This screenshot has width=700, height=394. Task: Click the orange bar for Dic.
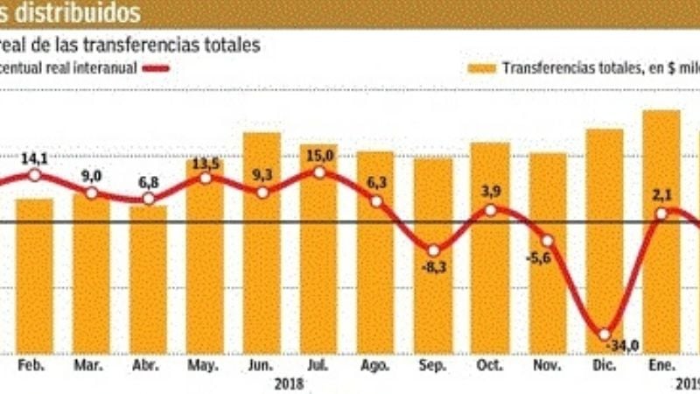(x=605, y=241)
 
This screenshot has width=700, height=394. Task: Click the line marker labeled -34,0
(x=605, y=334)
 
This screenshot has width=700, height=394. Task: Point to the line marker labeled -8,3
(x=433, y=249)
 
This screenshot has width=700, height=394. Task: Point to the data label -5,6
(x=547, y=258)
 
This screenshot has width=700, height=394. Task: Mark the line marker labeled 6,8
(x=149, y=199)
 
